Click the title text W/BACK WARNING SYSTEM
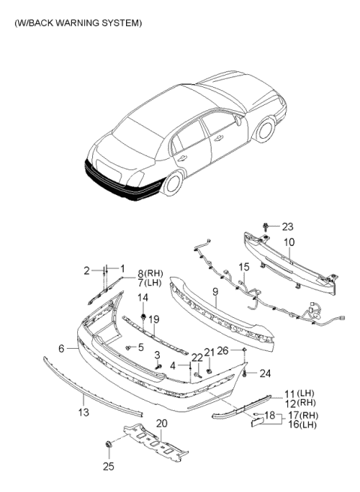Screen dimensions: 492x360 [77, 23]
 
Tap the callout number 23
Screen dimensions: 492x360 [288, 225]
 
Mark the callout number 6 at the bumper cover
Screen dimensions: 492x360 [71, 347]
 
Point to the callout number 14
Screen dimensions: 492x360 [142, 298]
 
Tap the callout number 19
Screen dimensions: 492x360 [154, 319]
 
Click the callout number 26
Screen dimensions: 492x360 [222, 350]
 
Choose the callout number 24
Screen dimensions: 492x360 [263, 373]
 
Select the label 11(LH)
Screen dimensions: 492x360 [298, 393]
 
